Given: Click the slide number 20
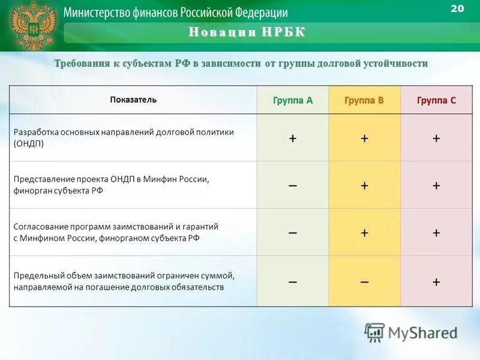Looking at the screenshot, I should click(x=457, y=8).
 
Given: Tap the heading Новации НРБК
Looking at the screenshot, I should click(x=247, y=32).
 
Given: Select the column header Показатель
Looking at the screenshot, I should click(x=133, y=100).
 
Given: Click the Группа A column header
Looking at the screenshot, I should click(x=293, y=100).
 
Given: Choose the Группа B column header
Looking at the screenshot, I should click(x=364, y=100).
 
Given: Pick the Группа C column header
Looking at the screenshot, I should click(x=436, y=100).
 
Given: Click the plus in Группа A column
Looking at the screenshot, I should click(x=293, y=138).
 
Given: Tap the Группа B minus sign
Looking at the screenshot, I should click(x=364, y=281).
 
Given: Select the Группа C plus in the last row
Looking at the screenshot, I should click(x=436, y=281).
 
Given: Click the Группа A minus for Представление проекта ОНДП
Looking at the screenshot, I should click(x=293, y=185).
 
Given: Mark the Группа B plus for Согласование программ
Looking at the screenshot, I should click(x=364, y=232).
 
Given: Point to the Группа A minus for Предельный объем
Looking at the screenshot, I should click(x=293, y=281).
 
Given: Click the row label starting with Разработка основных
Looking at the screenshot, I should click(x=124, y=132).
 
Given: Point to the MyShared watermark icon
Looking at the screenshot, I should click(x=375, y=332).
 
